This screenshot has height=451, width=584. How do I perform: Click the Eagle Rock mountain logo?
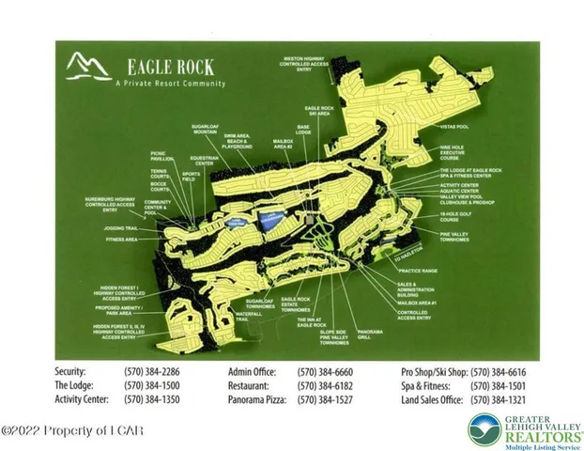pyautogui.click(x=87, y=68)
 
